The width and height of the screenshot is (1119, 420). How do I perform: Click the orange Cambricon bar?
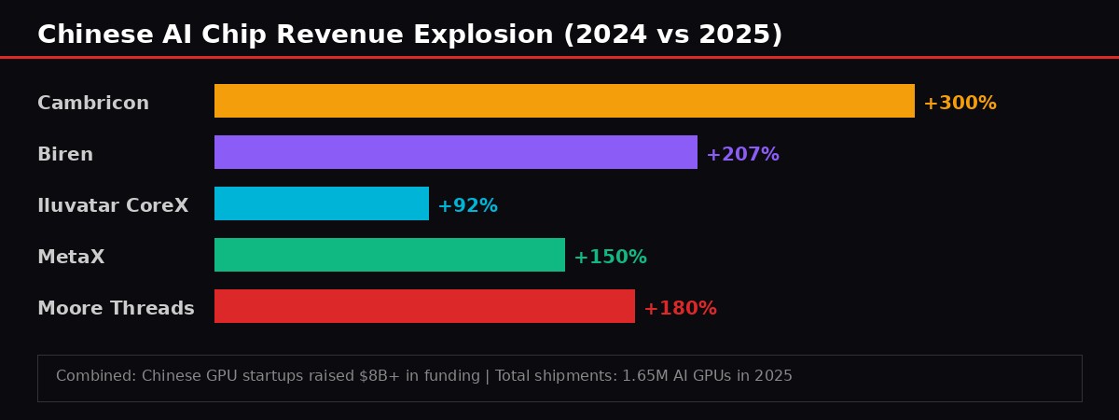click(564, 101)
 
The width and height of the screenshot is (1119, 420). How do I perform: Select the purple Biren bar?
click(456, 152)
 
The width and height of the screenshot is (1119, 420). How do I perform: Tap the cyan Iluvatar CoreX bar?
click(322, 203)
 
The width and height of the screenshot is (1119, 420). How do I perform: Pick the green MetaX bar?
click(390, 255)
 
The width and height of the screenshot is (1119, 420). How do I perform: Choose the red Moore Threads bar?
click(424, 306)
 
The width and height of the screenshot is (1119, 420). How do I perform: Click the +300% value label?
click(960, 104)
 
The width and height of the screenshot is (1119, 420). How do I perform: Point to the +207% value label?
click(742, 155)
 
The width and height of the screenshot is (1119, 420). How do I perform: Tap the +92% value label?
click(467, 206)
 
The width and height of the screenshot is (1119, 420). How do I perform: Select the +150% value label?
click(610, 258)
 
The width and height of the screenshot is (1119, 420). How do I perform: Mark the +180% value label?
click(680, 309)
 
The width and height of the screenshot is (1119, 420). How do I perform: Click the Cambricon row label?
click(93, 104)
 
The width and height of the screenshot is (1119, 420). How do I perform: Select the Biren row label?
click(65, 155)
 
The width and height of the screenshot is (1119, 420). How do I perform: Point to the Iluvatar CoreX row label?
click(113, 206)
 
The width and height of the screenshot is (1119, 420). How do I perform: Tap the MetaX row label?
click(71, 258)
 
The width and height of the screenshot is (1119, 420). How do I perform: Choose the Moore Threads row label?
click(116, 309)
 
